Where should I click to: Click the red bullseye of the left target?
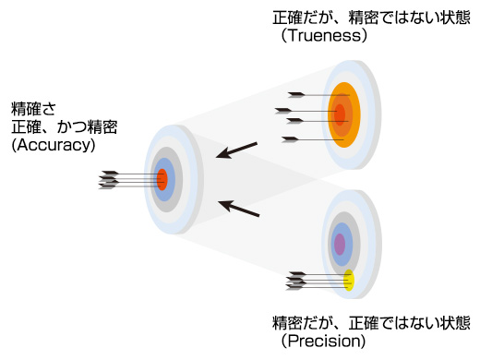(x=162, y=179)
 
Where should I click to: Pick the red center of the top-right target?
(x=340, y=114)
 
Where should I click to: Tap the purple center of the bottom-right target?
(x=340, y=244)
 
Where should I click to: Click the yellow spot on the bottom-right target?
(x=349, y=281)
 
